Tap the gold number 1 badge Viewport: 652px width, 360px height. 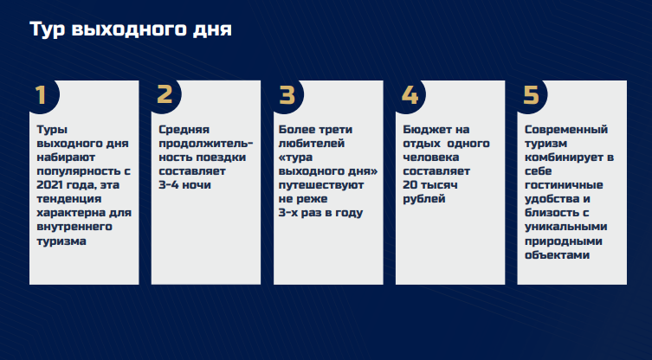pos(41,95)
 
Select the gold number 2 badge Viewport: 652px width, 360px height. pos(165,95)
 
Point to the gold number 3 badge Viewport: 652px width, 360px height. pos(287,95)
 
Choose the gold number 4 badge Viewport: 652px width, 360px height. pos(410,95)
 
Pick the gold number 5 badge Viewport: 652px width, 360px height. pos(531,95)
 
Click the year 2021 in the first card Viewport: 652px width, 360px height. pos(49,185)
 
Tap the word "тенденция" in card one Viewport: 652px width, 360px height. pos(69,199)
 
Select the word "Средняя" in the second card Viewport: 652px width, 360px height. pos(184,130)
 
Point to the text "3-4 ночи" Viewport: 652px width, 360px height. pos(184,185)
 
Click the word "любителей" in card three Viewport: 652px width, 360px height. pos(312,144)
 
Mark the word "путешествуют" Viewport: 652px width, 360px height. pos(321,185)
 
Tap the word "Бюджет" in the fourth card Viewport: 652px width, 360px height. pos(423,130)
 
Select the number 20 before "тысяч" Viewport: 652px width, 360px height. pos(410,185)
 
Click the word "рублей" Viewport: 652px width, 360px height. pos(423,199)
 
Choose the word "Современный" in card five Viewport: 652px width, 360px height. pos(566,130)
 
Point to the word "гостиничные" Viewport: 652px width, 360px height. pos(564,185)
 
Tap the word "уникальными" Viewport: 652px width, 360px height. pos(566,227)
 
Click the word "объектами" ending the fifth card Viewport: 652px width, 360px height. pos(558,254)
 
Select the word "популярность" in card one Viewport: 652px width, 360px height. pos(80,171)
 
